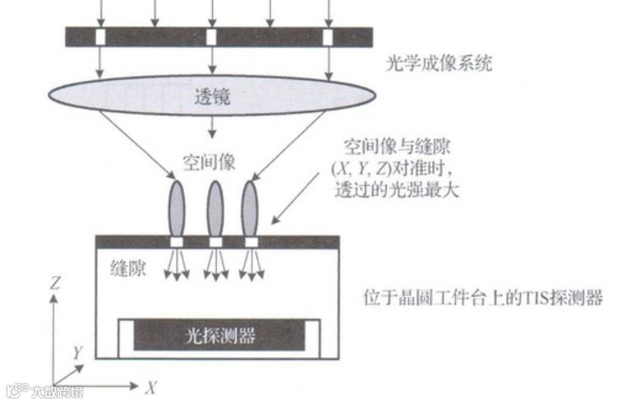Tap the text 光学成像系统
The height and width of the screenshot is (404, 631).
coord(438,63)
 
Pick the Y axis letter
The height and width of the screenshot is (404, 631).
coord(77,352)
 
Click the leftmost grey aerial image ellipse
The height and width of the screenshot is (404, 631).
coord(177,208)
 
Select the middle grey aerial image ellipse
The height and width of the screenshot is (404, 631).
coord(214,208)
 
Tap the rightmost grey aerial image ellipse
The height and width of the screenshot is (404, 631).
coord(250,208)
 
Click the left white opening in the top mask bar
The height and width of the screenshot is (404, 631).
coord(100,37)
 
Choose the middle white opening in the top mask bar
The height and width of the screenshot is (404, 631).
coord(212,37)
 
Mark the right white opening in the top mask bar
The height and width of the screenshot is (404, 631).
coord(328,37)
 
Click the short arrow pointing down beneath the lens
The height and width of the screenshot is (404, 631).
coord(214,127)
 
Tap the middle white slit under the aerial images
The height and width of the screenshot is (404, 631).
coord(215,242)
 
